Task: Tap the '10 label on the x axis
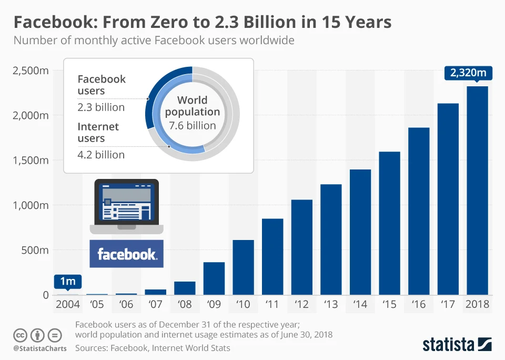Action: click(243, 304)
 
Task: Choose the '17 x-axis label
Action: click(448, 304)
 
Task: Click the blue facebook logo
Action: click(126, 254)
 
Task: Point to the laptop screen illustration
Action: click(126, 202)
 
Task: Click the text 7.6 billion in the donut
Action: click(193, 125)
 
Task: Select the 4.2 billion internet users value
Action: click(101, 155)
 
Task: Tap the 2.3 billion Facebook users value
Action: click(101, 107)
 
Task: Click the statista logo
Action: click(457, 345)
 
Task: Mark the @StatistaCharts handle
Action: click(39, 348)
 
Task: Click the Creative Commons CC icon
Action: click(20, 335)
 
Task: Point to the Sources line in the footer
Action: click(153, 348)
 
